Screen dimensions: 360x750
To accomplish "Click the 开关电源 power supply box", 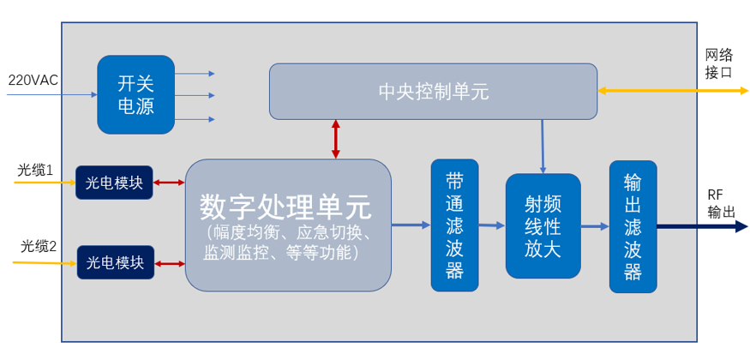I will pos(135,94).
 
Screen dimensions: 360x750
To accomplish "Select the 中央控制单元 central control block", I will pos(433,91).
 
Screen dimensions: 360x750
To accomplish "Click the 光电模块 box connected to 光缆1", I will pos(115,182).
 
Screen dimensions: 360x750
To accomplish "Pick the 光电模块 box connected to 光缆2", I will pos(115,261).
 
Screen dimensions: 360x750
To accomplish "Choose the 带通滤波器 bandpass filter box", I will pos(454,225).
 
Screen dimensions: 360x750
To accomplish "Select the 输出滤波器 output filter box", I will pos(633,225).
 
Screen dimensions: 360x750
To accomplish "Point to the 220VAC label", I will pos(33,80).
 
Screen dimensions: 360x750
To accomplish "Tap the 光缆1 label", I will pos(35,171).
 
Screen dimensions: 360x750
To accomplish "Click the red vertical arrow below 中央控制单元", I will pos(335,139).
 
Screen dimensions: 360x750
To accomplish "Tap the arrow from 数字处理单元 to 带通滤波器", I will pos(411,225).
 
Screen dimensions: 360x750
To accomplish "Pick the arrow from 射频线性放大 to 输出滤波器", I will pos(594,226).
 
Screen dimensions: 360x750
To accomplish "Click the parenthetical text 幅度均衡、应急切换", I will pos(287,234).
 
